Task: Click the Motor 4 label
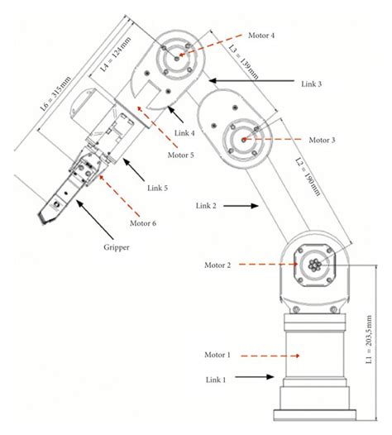pyautogui.click(x=262, y=36)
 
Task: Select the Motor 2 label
pyautogui.click(x=219, y=265)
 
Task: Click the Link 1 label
pyautogui.click(x=218, y=378)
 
